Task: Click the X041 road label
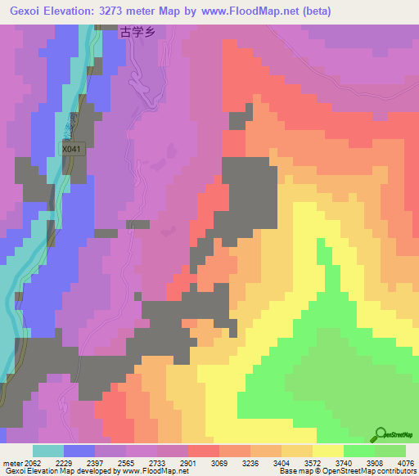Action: tap(73, 150)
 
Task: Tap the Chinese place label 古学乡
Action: tap(137, 33)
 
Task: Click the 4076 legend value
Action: tap(404, 462)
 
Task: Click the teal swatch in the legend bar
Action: tap(48, 451)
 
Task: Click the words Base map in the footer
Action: tap(295, 472)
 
